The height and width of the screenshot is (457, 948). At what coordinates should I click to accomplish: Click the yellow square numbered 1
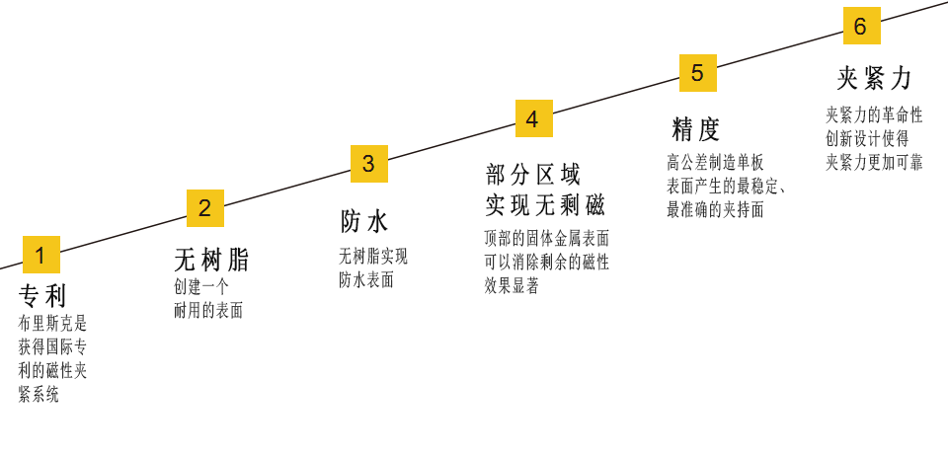tap(41, 255)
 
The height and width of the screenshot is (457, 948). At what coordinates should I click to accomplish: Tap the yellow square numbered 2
tap(205, 208)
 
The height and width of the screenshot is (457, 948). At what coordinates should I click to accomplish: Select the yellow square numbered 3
tap(369, 164)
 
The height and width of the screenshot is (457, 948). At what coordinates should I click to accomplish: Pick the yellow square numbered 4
tap(533, 118)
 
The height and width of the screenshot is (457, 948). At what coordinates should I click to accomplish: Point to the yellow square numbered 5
tap(697, 73)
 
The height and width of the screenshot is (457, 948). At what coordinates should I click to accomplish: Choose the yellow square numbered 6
tap(861, 27)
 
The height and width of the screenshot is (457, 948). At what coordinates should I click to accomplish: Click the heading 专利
tap(42, 296)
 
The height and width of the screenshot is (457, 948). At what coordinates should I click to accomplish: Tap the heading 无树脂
tap(211, 261)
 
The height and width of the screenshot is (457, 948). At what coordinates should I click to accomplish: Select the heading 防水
tap(364, 221)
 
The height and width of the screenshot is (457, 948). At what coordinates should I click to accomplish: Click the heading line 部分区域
tap(533, 176)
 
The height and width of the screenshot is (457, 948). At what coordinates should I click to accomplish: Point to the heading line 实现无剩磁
tap(544, 205)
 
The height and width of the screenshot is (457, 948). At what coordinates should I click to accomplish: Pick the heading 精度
tap(696, 129)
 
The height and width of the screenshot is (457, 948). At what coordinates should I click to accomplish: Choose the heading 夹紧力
tap(875, 79)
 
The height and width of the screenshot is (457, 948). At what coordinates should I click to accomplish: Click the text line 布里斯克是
tap(53, 323)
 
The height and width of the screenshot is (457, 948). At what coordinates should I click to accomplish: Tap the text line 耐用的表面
tap(208, 310)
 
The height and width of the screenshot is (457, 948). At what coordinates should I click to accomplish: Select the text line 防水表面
tap(366, 279)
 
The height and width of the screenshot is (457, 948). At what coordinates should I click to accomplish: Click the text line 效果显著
tap(512, 285)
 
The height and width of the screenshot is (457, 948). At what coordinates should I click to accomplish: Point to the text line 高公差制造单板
tap(715, 162)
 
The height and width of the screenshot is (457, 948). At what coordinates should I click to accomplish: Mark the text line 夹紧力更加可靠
tap(874, 162)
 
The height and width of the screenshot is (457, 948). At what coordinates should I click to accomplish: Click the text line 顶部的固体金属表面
tap(547, 238)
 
